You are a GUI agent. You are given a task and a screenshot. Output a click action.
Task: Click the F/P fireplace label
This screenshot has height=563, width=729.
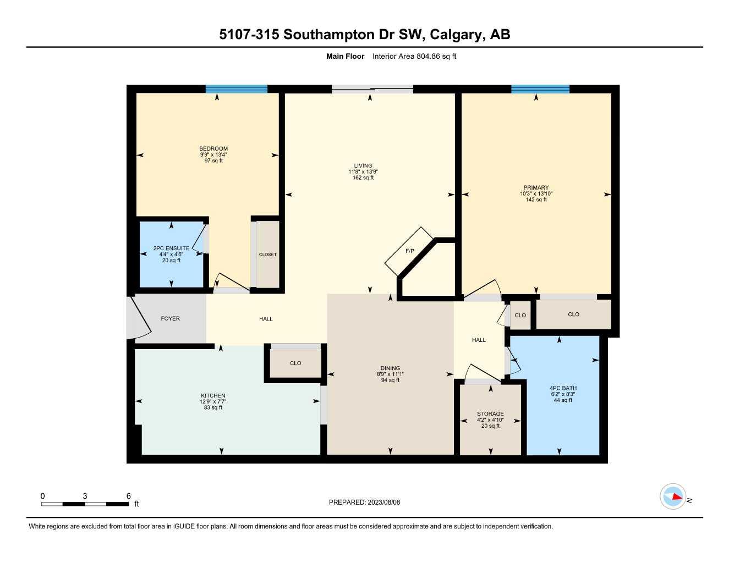click(x=410, y=251)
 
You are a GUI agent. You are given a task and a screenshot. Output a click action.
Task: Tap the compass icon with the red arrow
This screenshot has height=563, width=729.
click(x=673, y=496)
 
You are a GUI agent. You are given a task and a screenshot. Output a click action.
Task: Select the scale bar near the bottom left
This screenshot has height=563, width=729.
click(x=85, y=504)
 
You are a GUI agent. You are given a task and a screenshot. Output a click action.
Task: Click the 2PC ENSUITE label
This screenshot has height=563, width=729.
click(x=171, y=249)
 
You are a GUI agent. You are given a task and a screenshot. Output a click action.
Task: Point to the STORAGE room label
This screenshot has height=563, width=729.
click(x=490, y=414)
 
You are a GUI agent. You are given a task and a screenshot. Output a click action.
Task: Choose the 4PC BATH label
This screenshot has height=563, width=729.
click(x=563, y=388)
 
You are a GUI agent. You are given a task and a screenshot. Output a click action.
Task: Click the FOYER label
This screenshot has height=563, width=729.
click(x=170, y=319)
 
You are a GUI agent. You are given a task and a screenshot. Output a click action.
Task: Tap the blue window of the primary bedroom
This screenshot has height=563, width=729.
click(x=540, y=89)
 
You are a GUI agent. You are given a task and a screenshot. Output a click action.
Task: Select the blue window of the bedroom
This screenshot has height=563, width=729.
click(x=236, y=89)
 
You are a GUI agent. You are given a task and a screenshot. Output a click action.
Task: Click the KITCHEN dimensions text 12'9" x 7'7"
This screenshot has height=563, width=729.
click(x=213, y=402)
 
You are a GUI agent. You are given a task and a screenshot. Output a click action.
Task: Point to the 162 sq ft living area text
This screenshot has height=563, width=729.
click(x=363, y=178)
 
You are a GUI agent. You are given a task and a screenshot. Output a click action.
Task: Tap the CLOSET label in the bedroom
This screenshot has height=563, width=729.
click(x=268, y=255)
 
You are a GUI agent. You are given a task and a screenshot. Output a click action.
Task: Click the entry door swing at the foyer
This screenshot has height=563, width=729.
click(x=139, y=319)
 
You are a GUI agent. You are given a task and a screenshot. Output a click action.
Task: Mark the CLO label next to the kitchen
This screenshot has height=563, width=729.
click(x=295, y=363)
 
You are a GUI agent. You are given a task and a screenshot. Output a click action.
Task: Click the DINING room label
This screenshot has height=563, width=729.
click(x=390, y=368)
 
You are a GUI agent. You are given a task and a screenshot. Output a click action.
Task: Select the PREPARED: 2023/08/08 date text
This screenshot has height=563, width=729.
click(x=364, y=503)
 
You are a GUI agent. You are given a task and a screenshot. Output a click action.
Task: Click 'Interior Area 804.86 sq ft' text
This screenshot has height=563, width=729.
click(x=414, y=56)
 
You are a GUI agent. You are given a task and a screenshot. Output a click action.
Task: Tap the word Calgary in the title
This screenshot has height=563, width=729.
click(x=456, y=35)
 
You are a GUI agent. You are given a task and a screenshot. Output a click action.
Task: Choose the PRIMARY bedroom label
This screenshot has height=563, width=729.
click(x=536, y=187)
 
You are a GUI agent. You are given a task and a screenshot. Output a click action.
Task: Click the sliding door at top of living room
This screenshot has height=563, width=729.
click(x=372, y=89)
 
